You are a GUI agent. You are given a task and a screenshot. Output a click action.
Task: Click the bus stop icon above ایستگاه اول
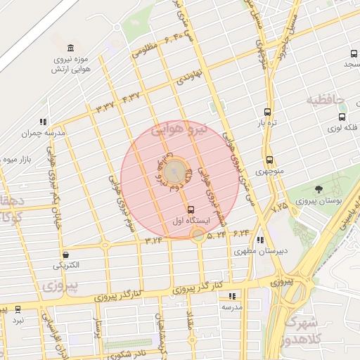pos(191,210)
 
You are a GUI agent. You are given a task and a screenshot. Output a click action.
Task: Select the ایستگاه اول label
pos(191,220)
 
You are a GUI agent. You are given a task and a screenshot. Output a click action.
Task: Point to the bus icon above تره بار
pos(267,111)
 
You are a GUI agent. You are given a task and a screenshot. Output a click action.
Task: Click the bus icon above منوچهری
pos(269,160)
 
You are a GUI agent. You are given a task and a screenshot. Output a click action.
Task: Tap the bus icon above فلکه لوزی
pos(342,117)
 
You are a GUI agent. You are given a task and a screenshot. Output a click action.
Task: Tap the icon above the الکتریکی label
pos(65,255)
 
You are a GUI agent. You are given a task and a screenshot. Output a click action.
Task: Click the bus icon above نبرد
pos(18,309)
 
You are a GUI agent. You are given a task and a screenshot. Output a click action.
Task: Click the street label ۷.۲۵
pos(278,207)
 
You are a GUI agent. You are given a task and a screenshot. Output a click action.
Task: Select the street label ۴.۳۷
pos(131,96)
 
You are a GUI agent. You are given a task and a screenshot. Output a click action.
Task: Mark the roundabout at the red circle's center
pos(178,172)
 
